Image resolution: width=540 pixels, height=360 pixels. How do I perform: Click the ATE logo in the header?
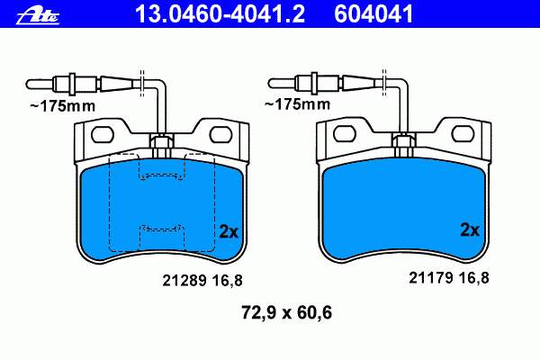point(38,16)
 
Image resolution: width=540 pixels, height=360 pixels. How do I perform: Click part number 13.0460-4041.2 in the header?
point(220,13)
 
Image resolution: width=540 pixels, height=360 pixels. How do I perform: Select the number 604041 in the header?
point(373,13)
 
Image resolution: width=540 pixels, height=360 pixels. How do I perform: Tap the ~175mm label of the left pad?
point(63,106)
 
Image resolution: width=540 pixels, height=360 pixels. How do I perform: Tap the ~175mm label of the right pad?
point(297,104)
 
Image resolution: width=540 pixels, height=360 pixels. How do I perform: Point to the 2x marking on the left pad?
point(229,232)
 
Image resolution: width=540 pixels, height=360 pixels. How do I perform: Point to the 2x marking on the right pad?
point(470,229)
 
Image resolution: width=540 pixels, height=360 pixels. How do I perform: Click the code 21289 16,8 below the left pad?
point(202,281)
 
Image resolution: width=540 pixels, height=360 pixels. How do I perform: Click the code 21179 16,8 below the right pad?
point(449,278)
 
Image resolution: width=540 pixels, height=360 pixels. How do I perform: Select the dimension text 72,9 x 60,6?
point(286,312)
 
